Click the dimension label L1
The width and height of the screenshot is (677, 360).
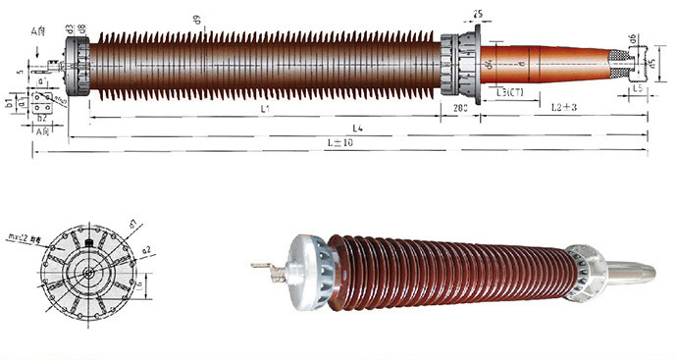(266, 108)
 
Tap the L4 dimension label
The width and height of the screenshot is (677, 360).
(358, 129)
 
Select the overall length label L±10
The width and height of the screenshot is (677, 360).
(339, 143)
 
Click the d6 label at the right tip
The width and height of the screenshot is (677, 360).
(634, 38)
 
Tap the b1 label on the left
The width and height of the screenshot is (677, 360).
(8, 100)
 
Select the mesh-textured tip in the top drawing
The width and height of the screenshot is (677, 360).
(620, 65)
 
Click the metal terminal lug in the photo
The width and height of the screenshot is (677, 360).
(266, 266)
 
